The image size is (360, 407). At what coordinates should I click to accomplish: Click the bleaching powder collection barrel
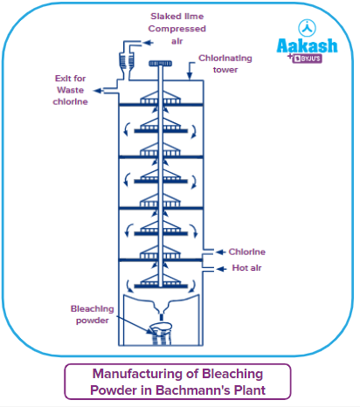162,335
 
